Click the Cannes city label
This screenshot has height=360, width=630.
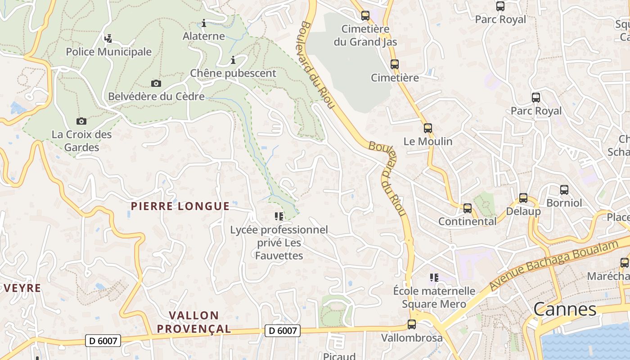click(565, 309)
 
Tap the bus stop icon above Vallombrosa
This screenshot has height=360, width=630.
click(411, 324)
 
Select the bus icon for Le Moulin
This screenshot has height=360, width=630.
click(427, 128)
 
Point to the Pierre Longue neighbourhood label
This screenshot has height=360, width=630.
click(180, 206)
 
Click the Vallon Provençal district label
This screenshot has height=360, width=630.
click(193, 322)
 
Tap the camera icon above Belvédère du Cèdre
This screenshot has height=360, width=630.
click(156, 83)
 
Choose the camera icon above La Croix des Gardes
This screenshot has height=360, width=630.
click(81, 121)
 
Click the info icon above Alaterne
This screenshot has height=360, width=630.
click(204, 23)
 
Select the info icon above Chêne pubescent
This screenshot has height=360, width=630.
click(233, 60)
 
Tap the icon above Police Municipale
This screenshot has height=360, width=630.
click(108, 39)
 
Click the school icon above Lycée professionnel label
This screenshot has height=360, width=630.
click(279, 216)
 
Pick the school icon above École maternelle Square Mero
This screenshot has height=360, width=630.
click(434, 277)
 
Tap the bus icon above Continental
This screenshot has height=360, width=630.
click(468, 208)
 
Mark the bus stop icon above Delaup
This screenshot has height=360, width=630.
click(523, 198)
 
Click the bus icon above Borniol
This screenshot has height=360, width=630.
click(564, 189)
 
